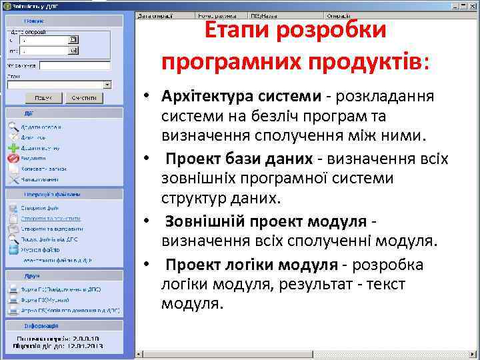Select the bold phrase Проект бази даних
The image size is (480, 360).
[x=239, y=159]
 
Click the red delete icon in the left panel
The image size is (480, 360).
[x=13, y=159]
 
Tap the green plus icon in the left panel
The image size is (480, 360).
[x=13, y=147]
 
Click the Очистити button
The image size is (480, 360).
[x=83, y=98]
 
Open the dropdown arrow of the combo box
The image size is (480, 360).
[x=107, y=85]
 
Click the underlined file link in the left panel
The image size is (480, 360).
[x=51, y=218]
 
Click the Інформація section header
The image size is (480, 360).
[x=41, y=326]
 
